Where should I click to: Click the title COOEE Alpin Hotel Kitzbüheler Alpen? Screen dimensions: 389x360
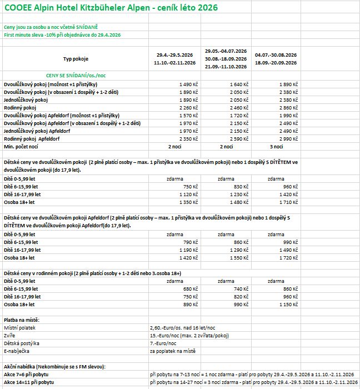click(x=111, y=8)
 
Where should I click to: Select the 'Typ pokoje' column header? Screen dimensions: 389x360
click(x=76, y=59)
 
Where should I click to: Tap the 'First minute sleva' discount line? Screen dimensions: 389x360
click(x=62, y=35)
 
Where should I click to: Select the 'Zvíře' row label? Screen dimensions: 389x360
click(x=11, y=337)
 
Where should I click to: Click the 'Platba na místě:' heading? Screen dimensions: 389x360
click(x=25, y=321)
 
